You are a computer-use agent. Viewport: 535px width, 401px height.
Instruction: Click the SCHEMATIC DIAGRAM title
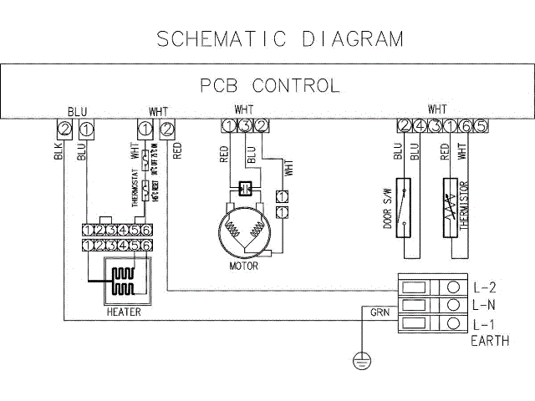point(280,38)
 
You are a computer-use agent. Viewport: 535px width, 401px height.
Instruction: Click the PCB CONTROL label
point(270,85)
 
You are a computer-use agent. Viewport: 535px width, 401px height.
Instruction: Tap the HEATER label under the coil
point(123,312)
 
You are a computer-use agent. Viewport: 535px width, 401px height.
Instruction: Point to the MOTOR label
point(243,266)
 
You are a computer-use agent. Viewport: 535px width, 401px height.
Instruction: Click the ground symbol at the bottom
point(361,361)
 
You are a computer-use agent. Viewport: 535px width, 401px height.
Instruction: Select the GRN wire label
point(379,312)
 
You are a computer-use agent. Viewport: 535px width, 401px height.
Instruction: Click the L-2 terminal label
point(485,287)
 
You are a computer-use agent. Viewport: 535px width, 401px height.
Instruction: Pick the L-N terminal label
point(485,305)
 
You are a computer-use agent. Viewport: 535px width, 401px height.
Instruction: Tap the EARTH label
point(490,341)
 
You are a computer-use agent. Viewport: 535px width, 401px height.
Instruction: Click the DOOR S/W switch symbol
point(405,203)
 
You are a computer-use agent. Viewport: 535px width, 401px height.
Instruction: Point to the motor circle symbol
point(243,230)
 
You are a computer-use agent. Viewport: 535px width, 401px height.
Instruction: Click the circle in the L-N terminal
point(452,305)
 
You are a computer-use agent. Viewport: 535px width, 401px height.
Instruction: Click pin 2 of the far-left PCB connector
point(64,128)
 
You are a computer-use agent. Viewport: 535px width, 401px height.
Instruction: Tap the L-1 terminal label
point(485,324)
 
